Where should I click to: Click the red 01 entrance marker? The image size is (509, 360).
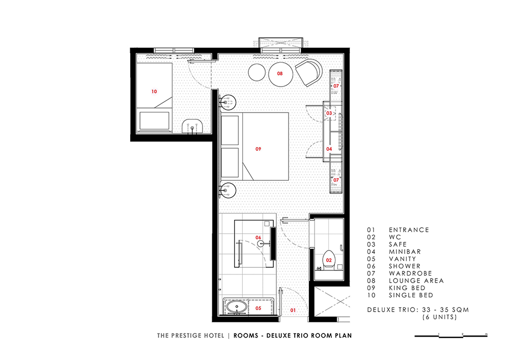293,310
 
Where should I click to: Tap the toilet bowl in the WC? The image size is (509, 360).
329,259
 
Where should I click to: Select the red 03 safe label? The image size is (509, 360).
329,113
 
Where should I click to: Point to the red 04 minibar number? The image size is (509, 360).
329,149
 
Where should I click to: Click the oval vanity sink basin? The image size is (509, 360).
237,307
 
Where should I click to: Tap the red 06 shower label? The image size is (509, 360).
258,238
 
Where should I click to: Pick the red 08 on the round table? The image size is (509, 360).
280,74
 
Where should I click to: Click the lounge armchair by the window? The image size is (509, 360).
308,72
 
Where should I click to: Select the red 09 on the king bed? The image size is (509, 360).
258,149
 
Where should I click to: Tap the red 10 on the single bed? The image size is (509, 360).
154,92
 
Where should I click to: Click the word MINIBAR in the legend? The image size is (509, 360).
405,252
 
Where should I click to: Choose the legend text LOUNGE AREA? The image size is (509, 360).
416,281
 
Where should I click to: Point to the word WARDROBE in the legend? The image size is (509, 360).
410,273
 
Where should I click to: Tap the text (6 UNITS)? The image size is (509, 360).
440,317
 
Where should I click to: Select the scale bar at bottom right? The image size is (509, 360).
451,336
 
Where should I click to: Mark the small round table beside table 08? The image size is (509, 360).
257,72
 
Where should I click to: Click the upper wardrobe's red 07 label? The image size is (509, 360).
336,86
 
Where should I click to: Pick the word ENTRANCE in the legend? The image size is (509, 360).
409,230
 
